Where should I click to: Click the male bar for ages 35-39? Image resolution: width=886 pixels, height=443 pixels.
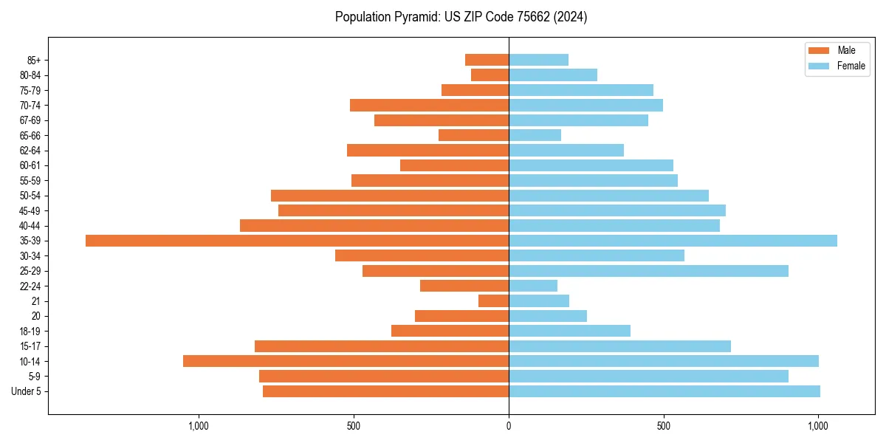pos(297,241)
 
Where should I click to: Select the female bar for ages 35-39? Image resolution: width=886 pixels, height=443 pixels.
pos(673,241)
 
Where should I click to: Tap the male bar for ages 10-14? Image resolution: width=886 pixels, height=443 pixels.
pos(346,361)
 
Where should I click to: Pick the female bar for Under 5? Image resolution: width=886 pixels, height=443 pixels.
pos(664,391)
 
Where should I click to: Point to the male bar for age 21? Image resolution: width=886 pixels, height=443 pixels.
pos(493,301)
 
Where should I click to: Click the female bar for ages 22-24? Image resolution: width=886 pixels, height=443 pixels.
pos(533,286)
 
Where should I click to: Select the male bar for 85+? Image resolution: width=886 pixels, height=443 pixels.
pos(487,60)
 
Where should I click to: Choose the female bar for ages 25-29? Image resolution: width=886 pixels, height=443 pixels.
pos(648,271)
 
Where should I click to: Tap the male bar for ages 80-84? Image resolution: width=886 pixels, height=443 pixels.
pos(490,75)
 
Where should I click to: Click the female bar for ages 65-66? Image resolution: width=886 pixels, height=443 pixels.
pos(535,135)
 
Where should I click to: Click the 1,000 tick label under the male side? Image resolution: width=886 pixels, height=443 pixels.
pos(199,427)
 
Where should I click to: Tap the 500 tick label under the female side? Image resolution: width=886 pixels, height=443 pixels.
pos(664,427)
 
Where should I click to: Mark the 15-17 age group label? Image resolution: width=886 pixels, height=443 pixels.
pos(30,346)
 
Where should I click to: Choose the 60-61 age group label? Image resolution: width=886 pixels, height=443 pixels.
pos(30,165)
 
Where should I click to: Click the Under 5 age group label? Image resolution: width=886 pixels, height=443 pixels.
pos(26,391)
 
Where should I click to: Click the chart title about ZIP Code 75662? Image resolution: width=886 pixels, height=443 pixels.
pos(461,17)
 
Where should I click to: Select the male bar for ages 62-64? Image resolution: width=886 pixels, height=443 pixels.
pos(427,151)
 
